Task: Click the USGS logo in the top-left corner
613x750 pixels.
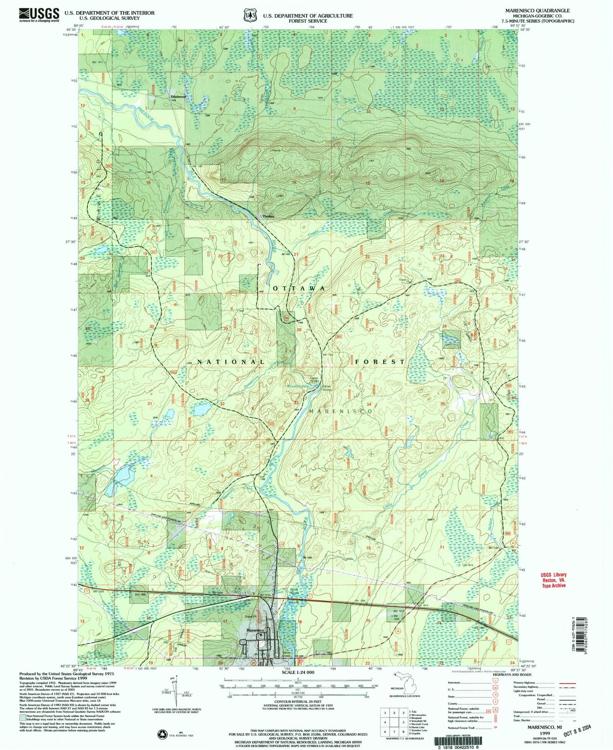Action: tap(38, 15)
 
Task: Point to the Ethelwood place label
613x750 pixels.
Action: tap(179, 97)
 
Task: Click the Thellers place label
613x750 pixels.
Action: tap(262, 216)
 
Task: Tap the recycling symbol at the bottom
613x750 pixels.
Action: tap(163, 735)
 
